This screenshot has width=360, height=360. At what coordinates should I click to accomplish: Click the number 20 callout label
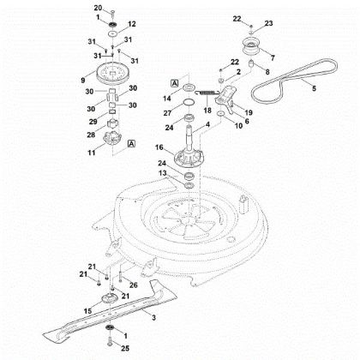tap(98, 8)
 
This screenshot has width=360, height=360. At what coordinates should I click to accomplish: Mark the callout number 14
tap(165, 99)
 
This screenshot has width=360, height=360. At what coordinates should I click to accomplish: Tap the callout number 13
tap(165, 174)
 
